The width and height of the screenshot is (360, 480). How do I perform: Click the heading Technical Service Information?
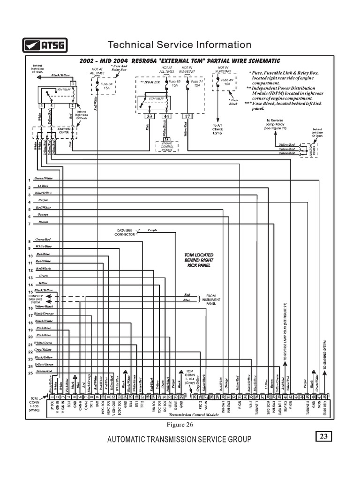pos(180,45)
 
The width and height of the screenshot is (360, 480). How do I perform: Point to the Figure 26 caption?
pos(180,425)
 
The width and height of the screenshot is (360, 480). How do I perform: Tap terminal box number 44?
pos(166,116)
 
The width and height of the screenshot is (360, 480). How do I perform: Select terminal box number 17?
pos(187,116)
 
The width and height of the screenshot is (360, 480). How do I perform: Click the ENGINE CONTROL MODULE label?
pos(166,147)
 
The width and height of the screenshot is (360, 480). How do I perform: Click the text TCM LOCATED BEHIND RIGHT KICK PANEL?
pos(199,260)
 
